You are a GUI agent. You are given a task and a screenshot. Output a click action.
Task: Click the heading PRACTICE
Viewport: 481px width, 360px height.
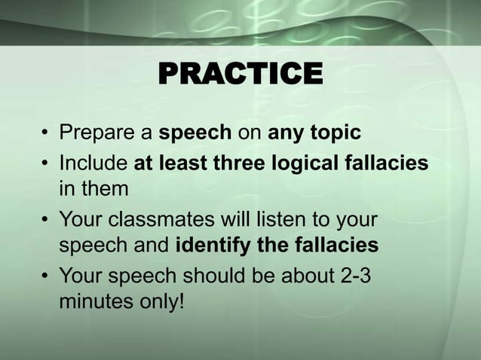[240, 75]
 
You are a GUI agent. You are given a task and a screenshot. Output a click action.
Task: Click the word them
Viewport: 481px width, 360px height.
[106, 188]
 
